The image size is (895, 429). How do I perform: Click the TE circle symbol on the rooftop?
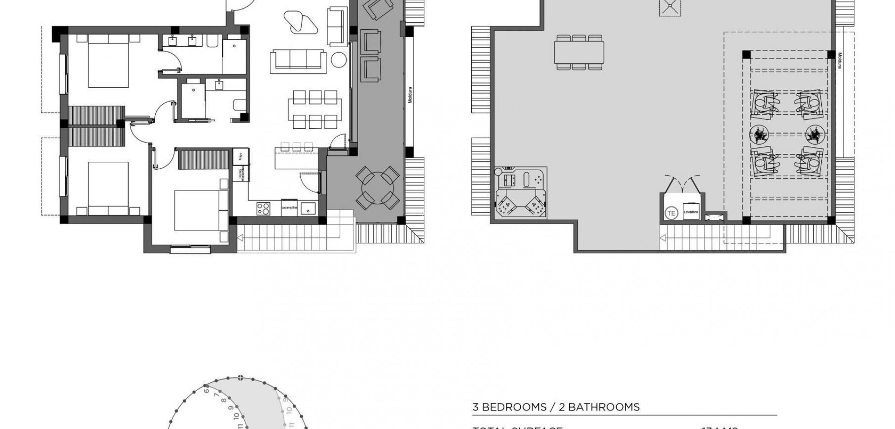tap(671, 214)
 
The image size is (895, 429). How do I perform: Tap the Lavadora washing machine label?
tap(690, 212)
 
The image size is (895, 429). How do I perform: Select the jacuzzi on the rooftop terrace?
tap(521, 193)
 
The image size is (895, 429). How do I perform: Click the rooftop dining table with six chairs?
tap(579, 52)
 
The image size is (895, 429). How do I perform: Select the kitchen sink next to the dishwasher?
tap(308, 208)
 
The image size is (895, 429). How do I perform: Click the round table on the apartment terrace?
tap(378, 188)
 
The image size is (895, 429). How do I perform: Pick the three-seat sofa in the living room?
tap(298, 61)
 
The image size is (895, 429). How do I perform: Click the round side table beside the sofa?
tap(339, 60)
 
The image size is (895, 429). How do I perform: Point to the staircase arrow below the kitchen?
tap(241, 238)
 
